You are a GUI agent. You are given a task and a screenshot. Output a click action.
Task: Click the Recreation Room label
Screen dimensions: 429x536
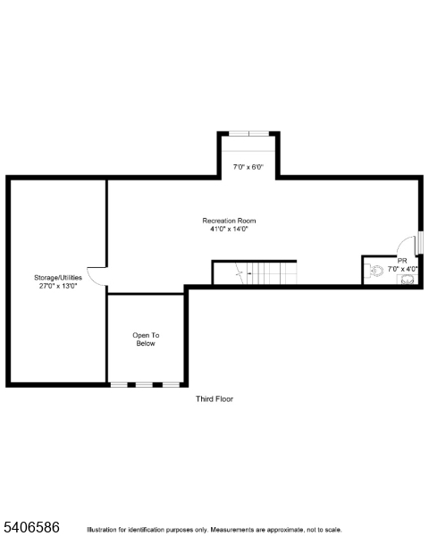point(229,221)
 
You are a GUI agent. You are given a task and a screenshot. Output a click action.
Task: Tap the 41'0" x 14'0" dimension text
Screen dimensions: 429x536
point(229,229)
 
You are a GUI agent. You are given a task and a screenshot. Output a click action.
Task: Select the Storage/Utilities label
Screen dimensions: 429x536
point(58,278)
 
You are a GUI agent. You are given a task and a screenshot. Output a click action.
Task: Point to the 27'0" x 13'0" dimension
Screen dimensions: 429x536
point(58,286)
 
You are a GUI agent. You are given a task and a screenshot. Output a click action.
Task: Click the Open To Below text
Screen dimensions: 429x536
point(146,339)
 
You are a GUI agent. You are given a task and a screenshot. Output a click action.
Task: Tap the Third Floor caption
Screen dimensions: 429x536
point(214,399)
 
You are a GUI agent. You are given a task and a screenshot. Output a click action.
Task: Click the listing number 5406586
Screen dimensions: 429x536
point(31,527)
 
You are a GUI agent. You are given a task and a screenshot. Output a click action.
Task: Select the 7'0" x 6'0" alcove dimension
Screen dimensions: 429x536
point(248,167)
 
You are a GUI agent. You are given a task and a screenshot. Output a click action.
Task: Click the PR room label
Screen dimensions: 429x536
point(402,261)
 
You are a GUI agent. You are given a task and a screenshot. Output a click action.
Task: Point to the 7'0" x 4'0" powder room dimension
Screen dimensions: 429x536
point(403,269)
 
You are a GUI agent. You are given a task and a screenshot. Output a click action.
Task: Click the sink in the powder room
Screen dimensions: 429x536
point(408,280)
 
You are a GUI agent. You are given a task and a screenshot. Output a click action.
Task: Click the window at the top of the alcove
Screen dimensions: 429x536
point(249,134)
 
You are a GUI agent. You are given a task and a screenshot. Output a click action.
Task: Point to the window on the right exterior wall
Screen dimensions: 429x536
point(419,243)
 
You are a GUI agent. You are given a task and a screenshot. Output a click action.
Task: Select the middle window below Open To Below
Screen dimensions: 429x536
point(144,385)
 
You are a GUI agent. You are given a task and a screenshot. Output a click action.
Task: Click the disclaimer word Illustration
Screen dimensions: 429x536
point(102,530)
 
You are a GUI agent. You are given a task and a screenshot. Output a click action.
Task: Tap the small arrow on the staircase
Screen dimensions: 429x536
point(248,273)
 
